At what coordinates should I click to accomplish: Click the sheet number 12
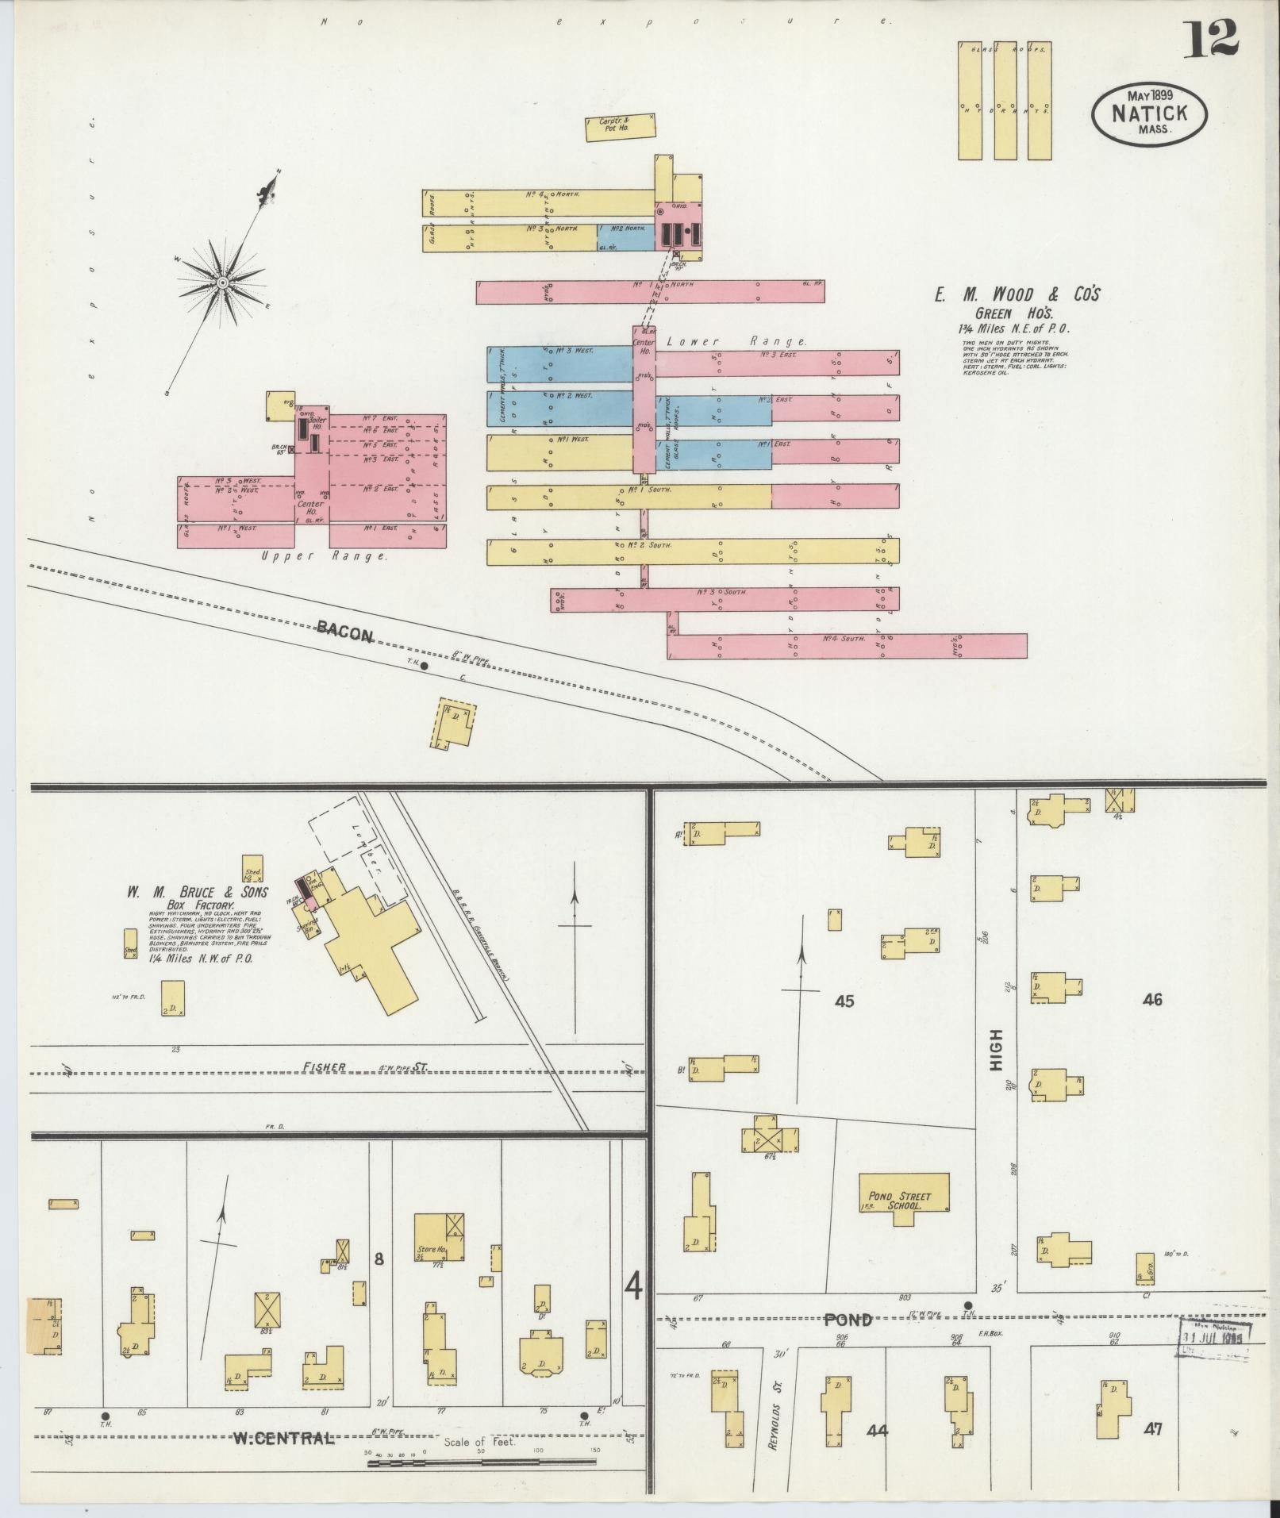click(x=1211, y=40)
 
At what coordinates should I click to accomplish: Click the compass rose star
click(x=223, y=282)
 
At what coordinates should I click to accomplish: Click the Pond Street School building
click(x=904, y=1200)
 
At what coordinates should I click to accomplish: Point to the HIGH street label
click(x=997, y=1051)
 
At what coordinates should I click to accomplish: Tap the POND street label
click(x=848, y=1320)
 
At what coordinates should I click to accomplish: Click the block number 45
click(x=844, y=1001)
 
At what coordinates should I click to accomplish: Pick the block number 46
click(x=1152, y=1000)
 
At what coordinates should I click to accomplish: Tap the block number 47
click(x=1153, y=1429)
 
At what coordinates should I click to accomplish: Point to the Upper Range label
click(x=325, y=557)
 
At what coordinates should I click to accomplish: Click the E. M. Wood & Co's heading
click(x=1017, y=295)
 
